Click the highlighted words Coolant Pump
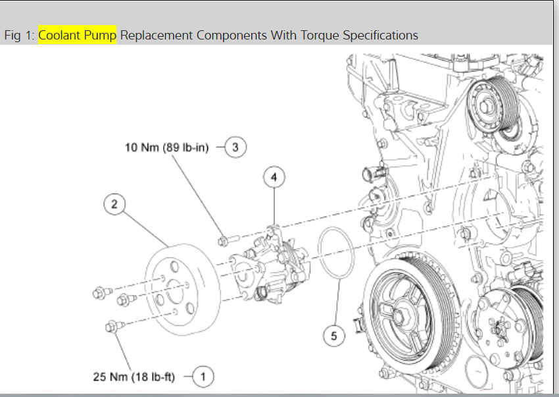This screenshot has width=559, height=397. pyautogui.click(x=77, y=35)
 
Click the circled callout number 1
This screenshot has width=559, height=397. pyautogui.click(x=203, y=377)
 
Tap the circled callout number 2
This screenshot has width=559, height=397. pyautogui.click(x=114, y=204)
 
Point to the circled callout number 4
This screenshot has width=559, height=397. pyautogui.click(x=274, y=177)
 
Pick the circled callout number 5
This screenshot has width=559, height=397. pyautogui.click(x=333, y=336)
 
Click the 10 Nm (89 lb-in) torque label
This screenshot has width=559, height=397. pyautogui.click(x=166, y=147)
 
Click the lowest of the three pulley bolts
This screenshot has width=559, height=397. pyautogui.click(x=111, y=325)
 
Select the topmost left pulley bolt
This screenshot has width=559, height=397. pyautogui.click(x=101, y=292)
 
